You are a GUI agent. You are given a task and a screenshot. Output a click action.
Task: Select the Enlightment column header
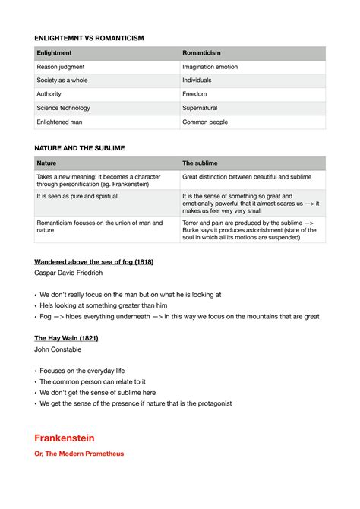click(55, 53)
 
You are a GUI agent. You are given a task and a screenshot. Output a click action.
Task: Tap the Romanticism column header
click(201, 53)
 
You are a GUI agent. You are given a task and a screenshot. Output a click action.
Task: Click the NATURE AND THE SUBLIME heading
click(80, 148)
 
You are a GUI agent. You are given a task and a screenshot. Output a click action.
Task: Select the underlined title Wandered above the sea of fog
click(94, 262)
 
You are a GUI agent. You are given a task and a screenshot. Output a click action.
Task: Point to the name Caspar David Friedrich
click(68, 273)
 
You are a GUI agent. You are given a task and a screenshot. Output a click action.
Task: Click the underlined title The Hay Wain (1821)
click(66, 338)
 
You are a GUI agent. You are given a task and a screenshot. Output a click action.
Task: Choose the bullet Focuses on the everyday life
click(82, 371)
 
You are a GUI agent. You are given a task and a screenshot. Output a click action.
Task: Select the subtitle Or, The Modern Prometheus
click(79, 454)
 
